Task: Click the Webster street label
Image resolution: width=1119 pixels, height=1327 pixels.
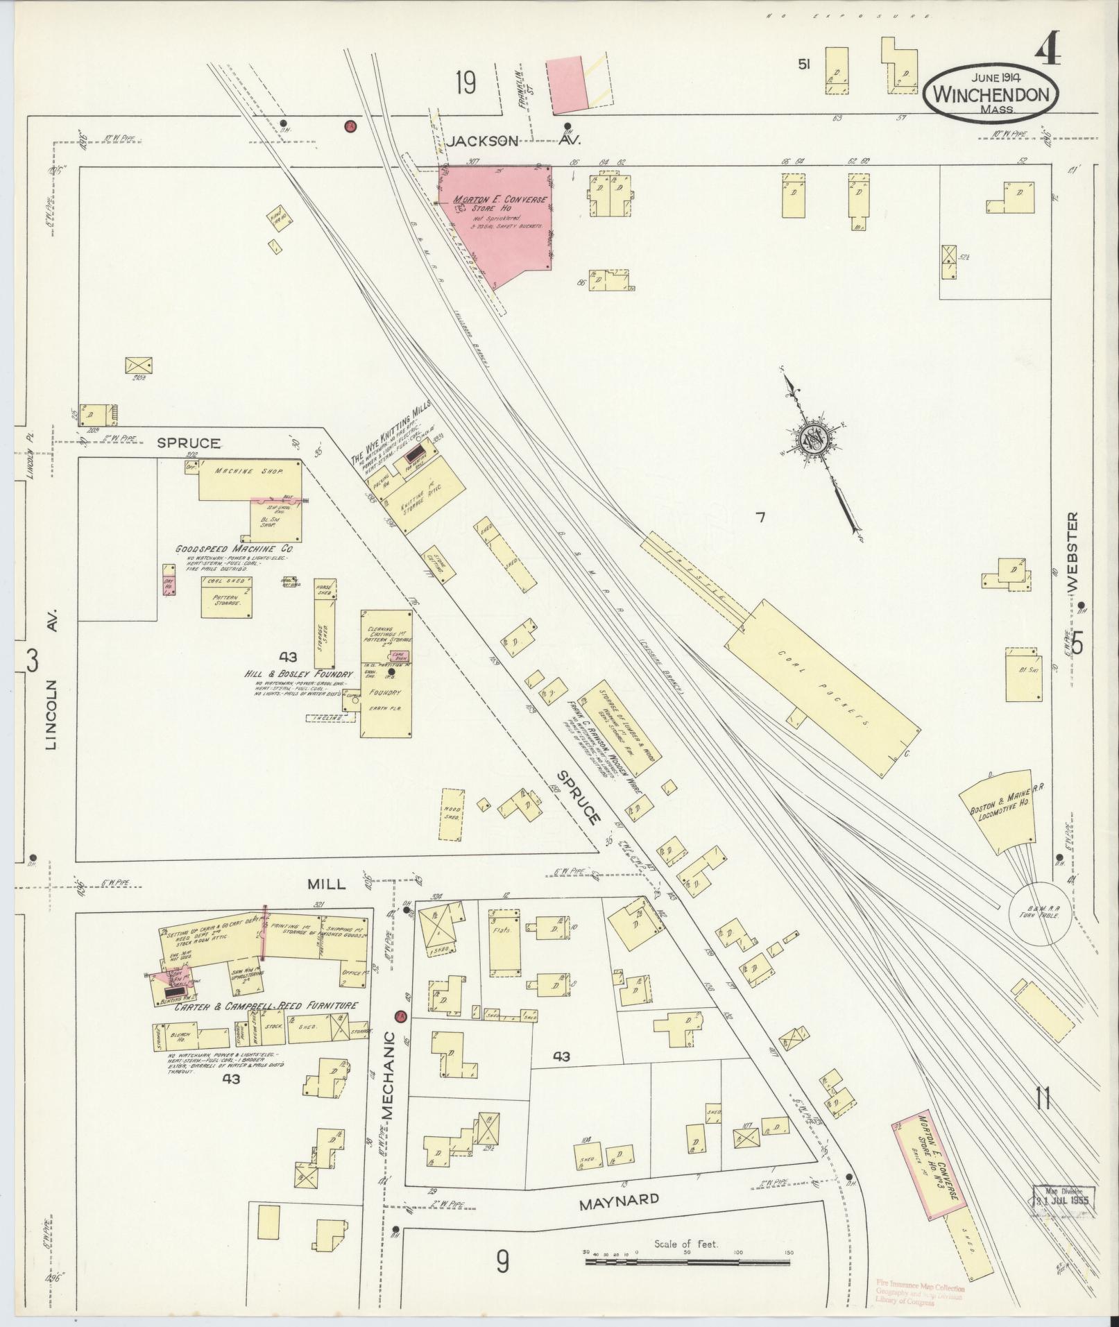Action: pyautogui.click(x=1074, y=552)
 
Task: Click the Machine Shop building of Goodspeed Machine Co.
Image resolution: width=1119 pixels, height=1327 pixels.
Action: pyautogui.click(x=250, y=479)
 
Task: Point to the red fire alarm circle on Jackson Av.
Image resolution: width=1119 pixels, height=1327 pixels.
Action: pyautogui.click(x=350, y=126)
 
